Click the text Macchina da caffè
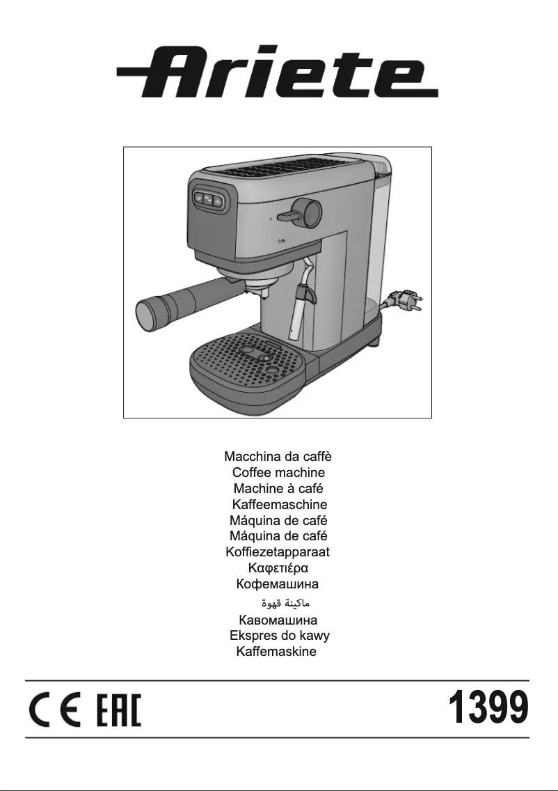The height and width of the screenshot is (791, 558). pos(278,457)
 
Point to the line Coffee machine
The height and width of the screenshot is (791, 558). pos(278,473)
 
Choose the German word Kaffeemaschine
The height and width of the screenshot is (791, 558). pos(279,505)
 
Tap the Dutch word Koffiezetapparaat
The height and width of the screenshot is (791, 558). pos(278,552)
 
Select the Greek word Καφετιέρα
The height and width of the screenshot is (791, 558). pos(278,568)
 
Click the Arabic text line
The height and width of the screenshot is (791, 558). pos(277,602)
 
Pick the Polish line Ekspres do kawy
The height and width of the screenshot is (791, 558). pos(279,636)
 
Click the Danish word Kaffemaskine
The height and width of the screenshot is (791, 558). pos(276,652)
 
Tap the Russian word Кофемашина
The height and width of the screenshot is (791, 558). pos(278,584)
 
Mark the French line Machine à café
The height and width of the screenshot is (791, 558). pos(278,489)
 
